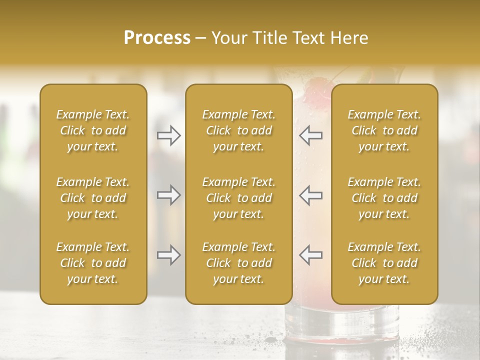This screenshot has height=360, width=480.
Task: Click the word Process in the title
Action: point(157,38)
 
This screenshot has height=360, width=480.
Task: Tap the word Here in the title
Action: point(349,38)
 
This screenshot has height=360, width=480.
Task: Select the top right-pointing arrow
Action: point(169,135)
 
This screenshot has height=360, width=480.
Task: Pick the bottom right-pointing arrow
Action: point(169,255)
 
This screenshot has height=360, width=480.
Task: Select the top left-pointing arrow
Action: point(310,135)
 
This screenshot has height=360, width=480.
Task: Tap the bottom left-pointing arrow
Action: point(310,255)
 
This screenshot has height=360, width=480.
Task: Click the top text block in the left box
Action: point(93,130)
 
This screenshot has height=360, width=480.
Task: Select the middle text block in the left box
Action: point(93,198)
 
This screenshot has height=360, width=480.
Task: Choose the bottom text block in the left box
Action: point(93,263)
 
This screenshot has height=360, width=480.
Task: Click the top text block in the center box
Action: point(238,130)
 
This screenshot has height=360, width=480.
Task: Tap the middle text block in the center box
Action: point(238,198)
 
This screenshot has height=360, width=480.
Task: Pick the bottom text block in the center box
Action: point(238,263)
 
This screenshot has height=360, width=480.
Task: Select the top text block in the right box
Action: point(384,130)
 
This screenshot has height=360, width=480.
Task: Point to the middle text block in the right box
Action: point(384,198)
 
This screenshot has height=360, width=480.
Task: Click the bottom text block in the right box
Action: point(384,263)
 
